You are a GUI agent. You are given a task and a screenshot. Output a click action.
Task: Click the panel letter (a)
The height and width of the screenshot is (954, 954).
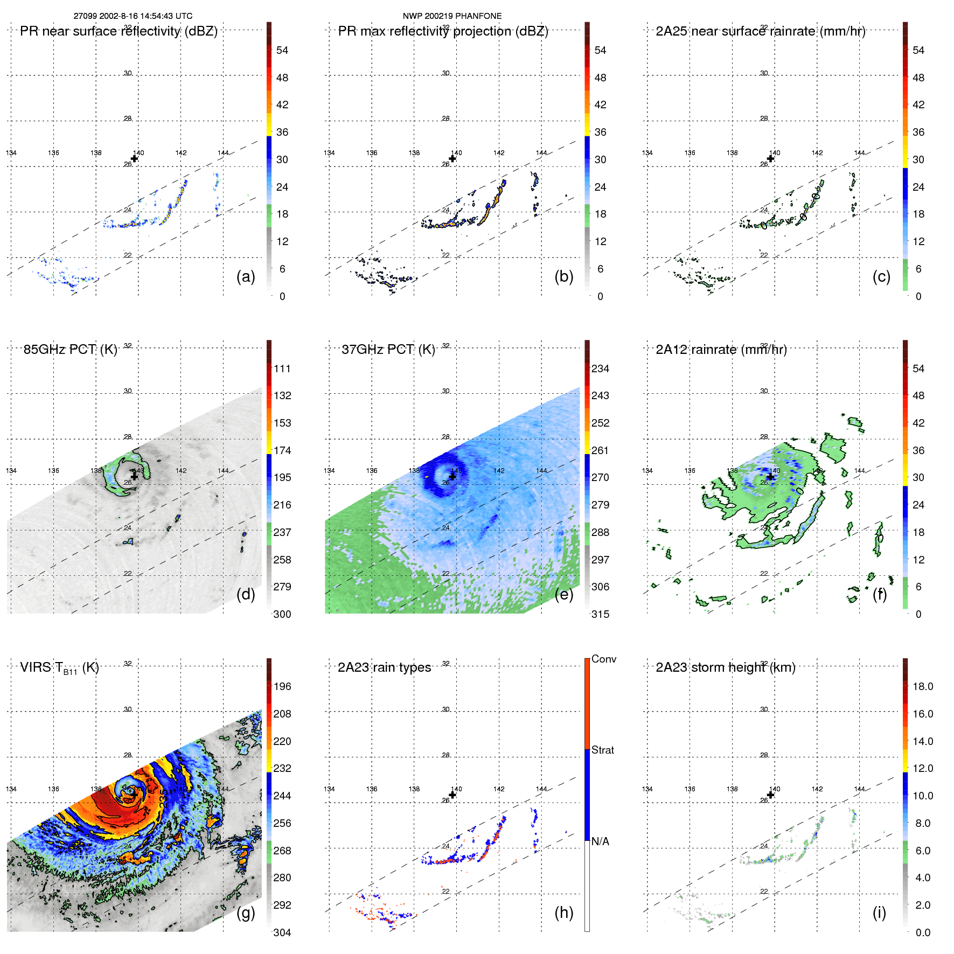246,276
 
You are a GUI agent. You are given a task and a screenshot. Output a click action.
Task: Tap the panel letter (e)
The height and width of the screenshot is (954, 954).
563,594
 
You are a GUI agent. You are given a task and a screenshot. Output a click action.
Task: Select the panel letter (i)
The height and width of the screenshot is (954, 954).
879,913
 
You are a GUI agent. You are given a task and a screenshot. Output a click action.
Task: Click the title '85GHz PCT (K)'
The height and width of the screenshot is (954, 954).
70,349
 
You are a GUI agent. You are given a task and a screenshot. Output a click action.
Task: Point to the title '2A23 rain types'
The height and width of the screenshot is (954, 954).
384,667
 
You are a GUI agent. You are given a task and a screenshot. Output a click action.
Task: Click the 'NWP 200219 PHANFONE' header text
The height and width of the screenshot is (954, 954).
452,16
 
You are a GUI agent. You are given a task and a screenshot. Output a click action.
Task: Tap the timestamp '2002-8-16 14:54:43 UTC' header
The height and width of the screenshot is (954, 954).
145,16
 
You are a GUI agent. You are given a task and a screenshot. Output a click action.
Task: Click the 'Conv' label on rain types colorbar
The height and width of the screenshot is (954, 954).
603,659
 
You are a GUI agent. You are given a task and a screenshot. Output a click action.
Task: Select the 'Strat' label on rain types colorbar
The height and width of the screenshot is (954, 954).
602,750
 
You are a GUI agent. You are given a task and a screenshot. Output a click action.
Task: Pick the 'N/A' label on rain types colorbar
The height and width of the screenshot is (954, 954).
600,841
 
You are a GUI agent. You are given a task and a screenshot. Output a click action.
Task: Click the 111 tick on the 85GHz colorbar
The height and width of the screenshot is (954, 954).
282,368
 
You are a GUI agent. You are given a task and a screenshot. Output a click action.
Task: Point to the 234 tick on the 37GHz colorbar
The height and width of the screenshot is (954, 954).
600,368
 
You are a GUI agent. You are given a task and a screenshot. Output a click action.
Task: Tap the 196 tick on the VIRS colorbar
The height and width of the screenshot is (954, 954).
282,686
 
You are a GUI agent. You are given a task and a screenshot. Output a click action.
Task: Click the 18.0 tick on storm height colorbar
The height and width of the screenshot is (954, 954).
922,686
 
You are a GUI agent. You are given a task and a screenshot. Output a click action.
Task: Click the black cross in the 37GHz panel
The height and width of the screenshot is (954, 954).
452,476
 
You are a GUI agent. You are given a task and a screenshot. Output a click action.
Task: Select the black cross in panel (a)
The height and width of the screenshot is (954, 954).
134,158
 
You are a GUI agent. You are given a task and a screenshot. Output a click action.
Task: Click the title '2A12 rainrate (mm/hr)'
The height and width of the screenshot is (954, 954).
721,349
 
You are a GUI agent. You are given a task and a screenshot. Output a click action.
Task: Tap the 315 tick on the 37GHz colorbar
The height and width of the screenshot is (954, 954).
600,614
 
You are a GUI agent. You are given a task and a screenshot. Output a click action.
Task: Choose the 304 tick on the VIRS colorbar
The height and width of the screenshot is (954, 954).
282,932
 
